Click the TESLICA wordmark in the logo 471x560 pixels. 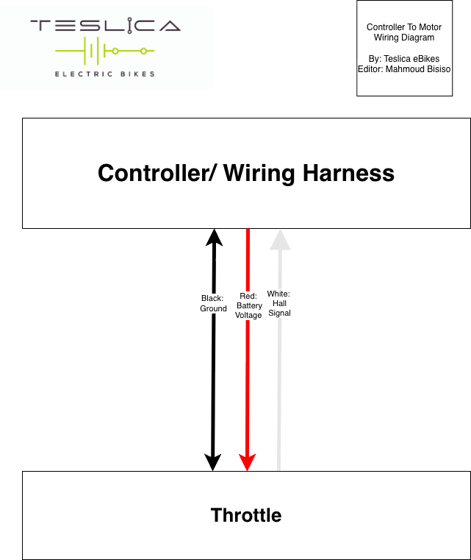[105, 26]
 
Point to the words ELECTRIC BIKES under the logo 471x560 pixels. [105, 74]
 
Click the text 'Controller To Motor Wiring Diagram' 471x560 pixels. [404, 32]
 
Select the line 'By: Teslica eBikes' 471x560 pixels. [404, 58]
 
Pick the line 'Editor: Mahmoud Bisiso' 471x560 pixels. [404, 68]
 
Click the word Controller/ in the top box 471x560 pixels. [157, 173]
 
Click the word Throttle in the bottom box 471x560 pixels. [246, 515]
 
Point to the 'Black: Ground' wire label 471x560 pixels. [213, 303]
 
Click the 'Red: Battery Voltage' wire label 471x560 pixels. [248, 305]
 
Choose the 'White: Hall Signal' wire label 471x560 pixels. [278, 303]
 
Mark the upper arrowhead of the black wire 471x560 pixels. [213, 237]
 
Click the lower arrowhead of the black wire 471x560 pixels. [213, 462]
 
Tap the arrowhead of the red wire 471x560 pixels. [248, 462]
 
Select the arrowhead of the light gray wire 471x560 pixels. [278, 238]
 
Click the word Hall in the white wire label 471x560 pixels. [279, 303]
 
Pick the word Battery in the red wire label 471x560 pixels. [248, 305]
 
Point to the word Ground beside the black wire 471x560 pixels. [213, 308]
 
